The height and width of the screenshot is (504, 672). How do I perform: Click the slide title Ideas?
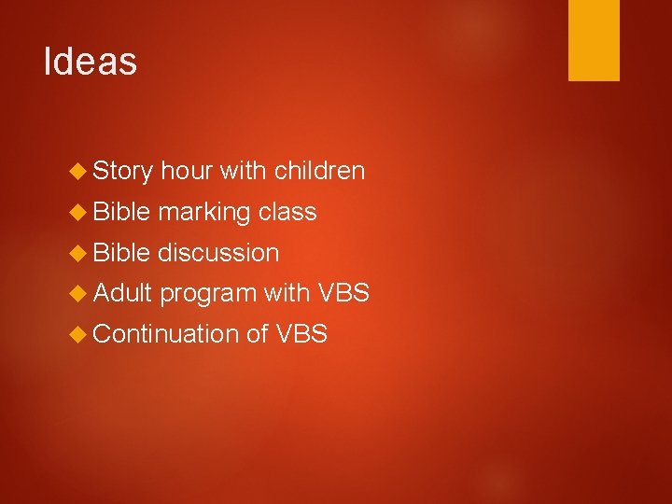coord(91,63)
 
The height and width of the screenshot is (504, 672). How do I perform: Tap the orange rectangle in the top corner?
coord(594,40)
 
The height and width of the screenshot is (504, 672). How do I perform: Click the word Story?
coord(123,172)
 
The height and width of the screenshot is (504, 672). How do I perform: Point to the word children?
coord(319,171)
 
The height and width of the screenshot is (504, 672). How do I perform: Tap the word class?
coord(287,212)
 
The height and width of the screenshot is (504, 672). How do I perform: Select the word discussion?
coord(218,253)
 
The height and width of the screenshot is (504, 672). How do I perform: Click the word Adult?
coord(122,293)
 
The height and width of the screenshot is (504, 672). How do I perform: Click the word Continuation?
coord(166,333)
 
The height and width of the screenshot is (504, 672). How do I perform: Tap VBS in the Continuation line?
coord(301,333)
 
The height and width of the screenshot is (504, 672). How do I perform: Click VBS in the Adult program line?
coord(344,293)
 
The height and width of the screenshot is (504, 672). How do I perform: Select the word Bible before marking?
coord(122,212)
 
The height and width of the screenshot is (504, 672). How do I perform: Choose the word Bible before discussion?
coord(122,253)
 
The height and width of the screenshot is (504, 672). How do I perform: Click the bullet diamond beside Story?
coord(78,172)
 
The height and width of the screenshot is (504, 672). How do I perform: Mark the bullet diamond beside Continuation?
coord(78,334)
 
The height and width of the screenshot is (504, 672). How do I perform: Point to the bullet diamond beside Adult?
coord(78,294)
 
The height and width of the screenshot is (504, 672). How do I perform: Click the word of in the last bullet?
coord(258,333)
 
